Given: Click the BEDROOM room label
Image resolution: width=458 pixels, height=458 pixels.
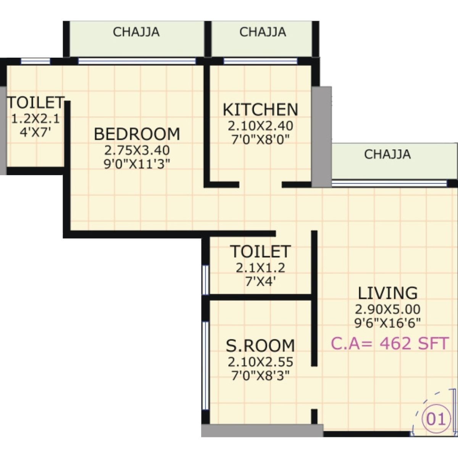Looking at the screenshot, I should click(x=137, y=134).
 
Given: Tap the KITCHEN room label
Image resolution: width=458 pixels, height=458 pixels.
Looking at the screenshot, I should click(x=260, y=110).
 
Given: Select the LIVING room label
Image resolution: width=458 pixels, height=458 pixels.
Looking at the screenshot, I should click(x=387, y=293).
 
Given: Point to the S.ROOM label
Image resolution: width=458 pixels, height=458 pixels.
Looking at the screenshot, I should click(x=260, y=345).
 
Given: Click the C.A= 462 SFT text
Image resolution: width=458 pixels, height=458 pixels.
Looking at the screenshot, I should click(x=389, y=343).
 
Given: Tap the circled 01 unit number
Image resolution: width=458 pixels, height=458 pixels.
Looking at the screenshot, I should click(x=435, y=419).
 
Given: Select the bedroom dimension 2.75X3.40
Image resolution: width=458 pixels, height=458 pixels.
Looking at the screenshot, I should click(x=137, y=150).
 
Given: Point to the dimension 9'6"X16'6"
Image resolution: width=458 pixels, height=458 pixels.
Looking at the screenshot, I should click(x=387, y=323).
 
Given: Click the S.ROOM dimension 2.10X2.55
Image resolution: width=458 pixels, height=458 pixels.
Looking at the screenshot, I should click(x=260, y=361).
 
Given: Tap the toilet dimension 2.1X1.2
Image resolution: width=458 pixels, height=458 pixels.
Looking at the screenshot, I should click(x=260, y=268).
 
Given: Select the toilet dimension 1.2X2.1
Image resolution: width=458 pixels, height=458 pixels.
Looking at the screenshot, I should click(x=35, y=119).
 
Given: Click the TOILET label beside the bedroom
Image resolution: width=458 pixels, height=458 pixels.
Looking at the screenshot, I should click(x=35, y=103).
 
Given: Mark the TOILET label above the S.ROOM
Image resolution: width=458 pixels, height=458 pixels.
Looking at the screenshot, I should click(x=260, y=252).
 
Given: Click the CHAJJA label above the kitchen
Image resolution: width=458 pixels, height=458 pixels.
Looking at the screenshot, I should click(x=263, y=32).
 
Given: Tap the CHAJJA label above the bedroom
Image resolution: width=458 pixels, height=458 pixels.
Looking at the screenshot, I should click(x=136, y=32).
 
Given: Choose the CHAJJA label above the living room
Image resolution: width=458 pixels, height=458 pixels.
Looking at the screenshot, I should click(x=387, y=154).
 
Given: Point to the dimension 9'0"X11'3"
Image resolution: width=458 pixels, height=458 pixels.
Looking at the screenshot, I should click(x=137, y=164).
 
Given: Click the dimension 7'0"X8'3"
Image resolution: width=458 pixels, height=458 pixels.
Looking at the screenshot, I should click(x=260, y=376).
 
